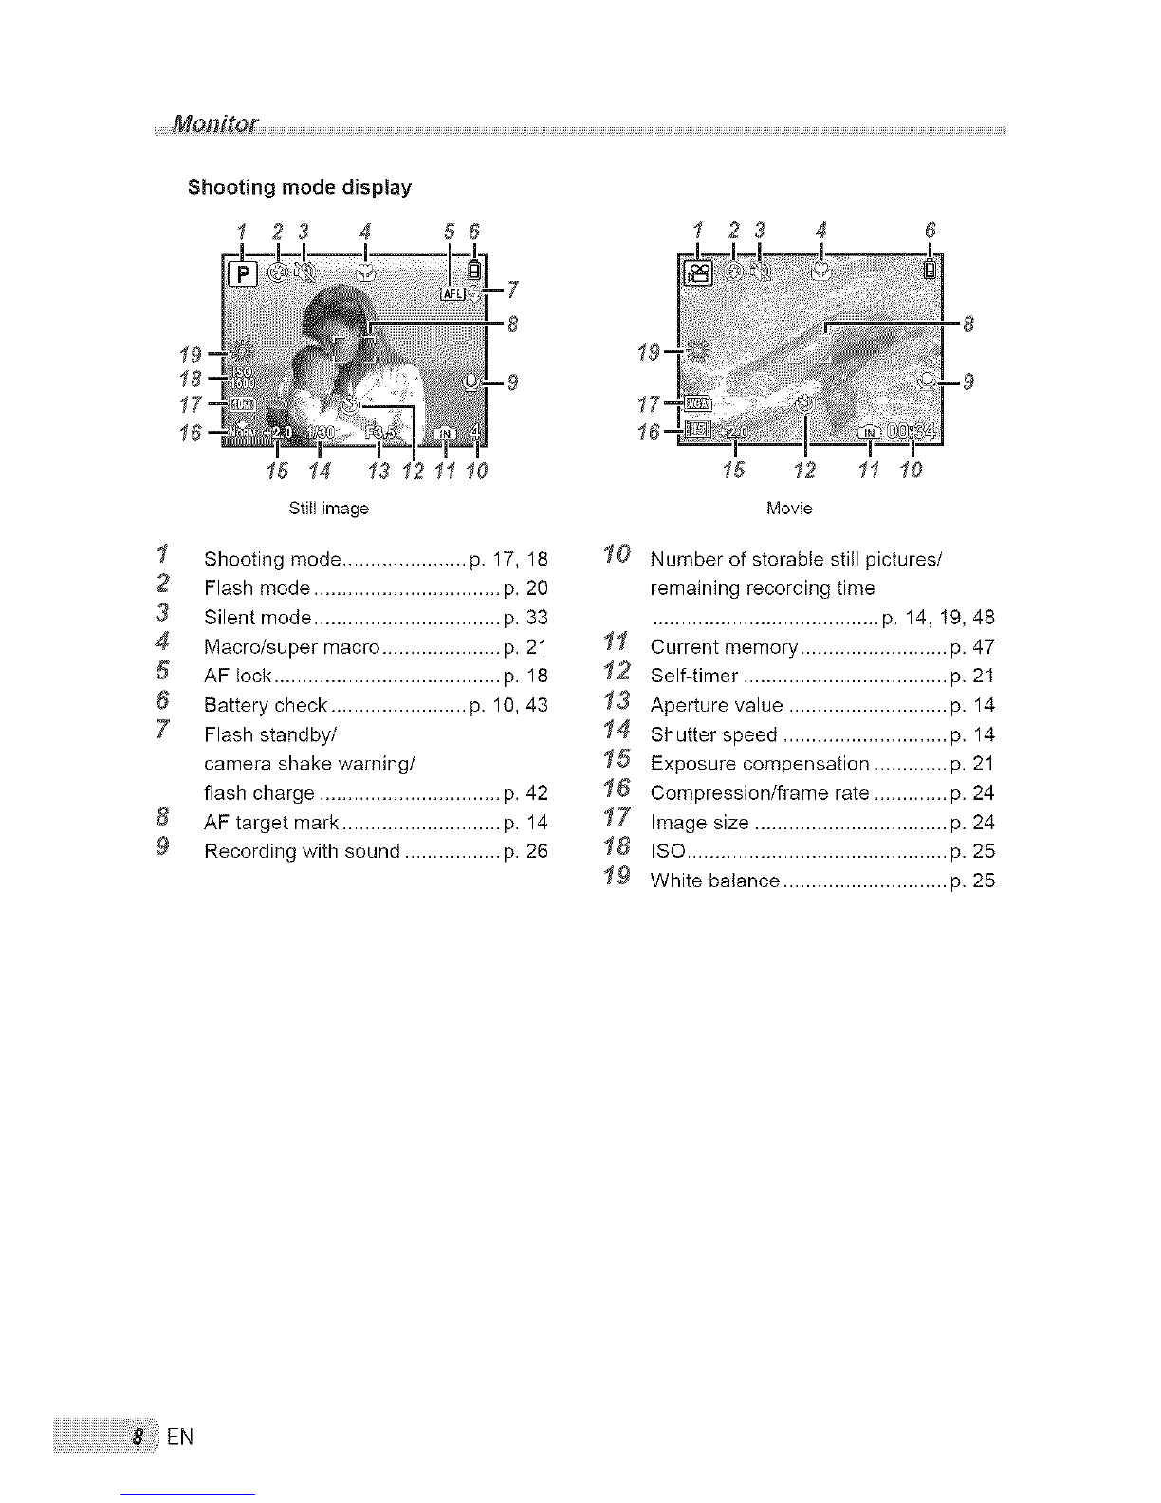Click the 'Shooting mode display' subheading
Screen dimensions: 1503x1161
[x=300, y=187]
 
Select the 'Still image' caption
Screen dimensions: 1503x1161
[x=328, y=509]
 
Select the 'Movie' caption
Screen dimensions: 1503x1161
[x=789, y=509]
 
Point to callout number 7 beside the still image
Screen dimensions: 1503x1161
[x=513, y=288]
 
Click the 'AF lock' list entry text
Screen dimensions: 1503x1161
[x=238, y=677]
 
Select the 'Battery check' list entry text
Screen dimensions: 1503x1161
[x=266, y=706]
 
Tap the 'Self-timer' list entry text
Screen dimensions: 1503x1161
[x=694, y=677]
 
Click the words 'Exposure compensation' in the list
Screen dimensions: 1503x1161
[x=760, y=764]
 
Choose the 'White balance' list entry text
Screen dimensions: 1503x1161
[x=715, y=881]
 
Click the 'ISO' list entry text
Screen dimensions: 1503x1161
[x=662, y=852]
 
